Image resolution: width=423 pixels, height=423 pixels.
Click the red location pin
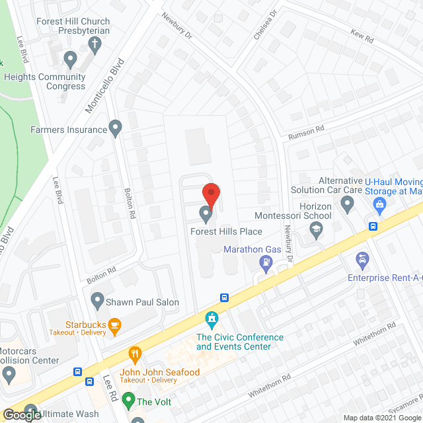pos(210,193)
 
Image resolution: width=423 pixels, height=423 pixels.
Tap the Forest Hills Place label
pos(226,231)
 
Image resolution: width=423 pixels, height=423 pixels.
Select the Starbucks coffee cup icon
pos(115,324)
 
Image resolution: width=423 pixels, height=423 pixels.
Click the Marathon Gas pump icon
pos(266,262)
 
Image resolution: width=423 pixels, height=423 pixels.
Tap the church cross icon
pos(95,45)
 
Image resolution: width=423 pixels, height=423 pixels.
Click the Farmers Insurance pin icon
pos(116,129)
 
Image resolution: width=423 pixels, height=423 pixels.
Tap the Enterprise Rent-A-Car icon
pos(362,258)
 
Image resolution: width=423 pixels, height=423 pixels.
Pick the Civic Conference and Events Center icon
pos(211,320)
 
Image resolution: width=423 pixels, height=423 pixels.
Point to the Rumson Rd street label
pos(305,133)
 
